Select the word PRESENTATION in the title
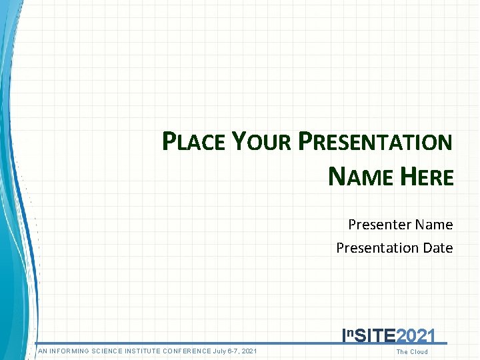(x=375, y=142)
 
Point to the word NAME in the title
(x=359, y=177)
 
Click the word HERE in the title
(x=427, y=177)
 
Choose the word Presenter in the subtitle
(x=379, y=225)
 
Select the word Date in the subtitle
(x=437, y=248)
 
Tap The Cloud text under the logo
(x=412, y=352)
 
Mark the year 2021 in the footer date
(x=249, y=351)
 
